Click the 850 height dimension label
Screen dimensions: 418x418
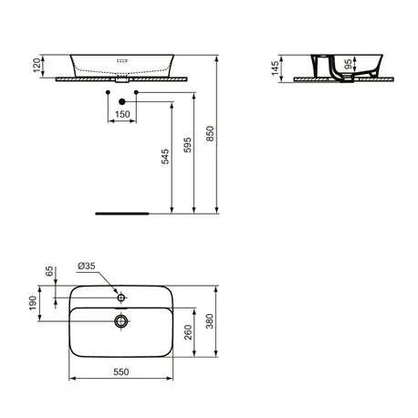[210, 133]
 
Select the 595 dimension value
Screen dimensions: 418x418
[188, 145]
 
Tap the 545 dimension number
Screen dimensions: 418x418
[165, 156]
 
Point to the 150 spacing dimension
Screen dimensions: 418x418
[122, 114]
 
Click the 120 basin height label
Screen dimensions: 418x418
[37, 66]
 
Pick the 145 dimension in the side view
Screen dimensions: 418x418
[275, 68]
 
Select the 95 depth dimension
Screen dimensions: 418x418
[348, 64]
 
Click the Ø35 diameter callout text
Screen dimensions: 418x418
[87, 266]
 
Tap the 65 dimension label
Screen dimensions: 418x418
[49, 271]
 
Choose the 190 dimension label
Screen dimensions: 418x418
[33, 303]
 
